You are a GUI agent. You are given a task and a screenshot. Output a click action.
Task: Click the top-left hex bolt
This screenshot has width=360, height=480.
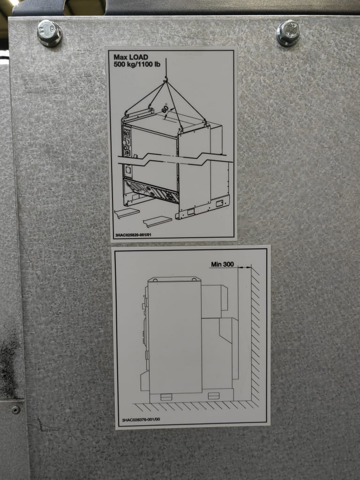(x=49, y=33)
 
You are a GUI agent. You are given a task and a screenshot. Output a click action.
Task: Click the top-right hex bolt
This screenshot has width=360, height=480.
(x=288, y=33)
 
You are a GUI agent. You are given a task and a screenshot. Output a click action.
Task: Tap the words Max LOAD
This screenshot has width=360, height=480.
(x=131, y=57)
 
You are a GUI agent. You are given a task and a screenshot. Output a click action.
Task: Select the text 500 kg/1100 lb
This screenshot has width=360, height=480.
(x=137, y=64)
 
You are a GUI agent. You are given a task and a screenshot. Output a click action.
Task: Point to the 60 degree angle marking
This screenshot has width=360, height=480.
(x=165, y=108)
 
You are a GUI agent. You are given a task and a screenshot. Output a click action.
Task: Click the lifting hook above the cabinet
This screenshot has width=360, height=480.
(x=166, y=80)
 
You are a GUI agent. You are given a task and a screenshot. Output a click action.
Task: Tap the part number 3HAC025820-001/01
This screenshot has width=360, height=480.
(x=133, y=235)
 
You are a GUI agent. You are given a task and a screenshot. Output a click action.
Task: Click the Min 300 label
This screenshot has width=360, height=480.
(x=222, y=264)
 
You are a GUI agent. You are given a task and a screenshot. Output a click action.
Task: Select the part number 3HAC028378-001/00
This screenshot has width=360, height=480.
(x=141, y=420)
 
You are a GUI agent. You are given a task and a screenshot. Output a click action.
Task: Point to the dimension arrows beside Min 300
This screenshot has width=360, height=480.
(x=245, y=267)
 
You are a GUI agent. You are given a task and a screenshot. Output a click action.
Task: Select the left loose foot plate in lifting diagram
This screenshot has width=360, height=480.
(x=127, y=213)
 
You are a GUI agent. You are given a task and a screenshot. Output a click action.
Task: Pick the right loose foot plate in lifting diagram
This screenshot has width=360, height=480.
(x=157, y=221)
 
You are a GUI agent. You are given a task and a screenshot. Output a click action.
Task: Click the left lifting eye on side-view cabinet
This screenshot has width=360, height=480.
(x=155, y=280)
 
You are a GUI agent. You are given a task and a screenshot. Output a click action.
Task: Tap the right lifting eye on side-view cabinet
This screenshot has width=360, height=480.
(x=194, y=280)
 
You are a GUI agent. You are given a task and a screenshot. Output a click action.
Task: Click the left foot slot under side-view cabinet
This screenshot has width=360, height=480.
(x=166, y=397)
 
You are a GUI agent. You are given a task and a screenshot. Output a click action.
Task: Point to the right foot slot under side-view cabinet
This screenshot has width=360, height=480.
(x=214, y=396)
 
